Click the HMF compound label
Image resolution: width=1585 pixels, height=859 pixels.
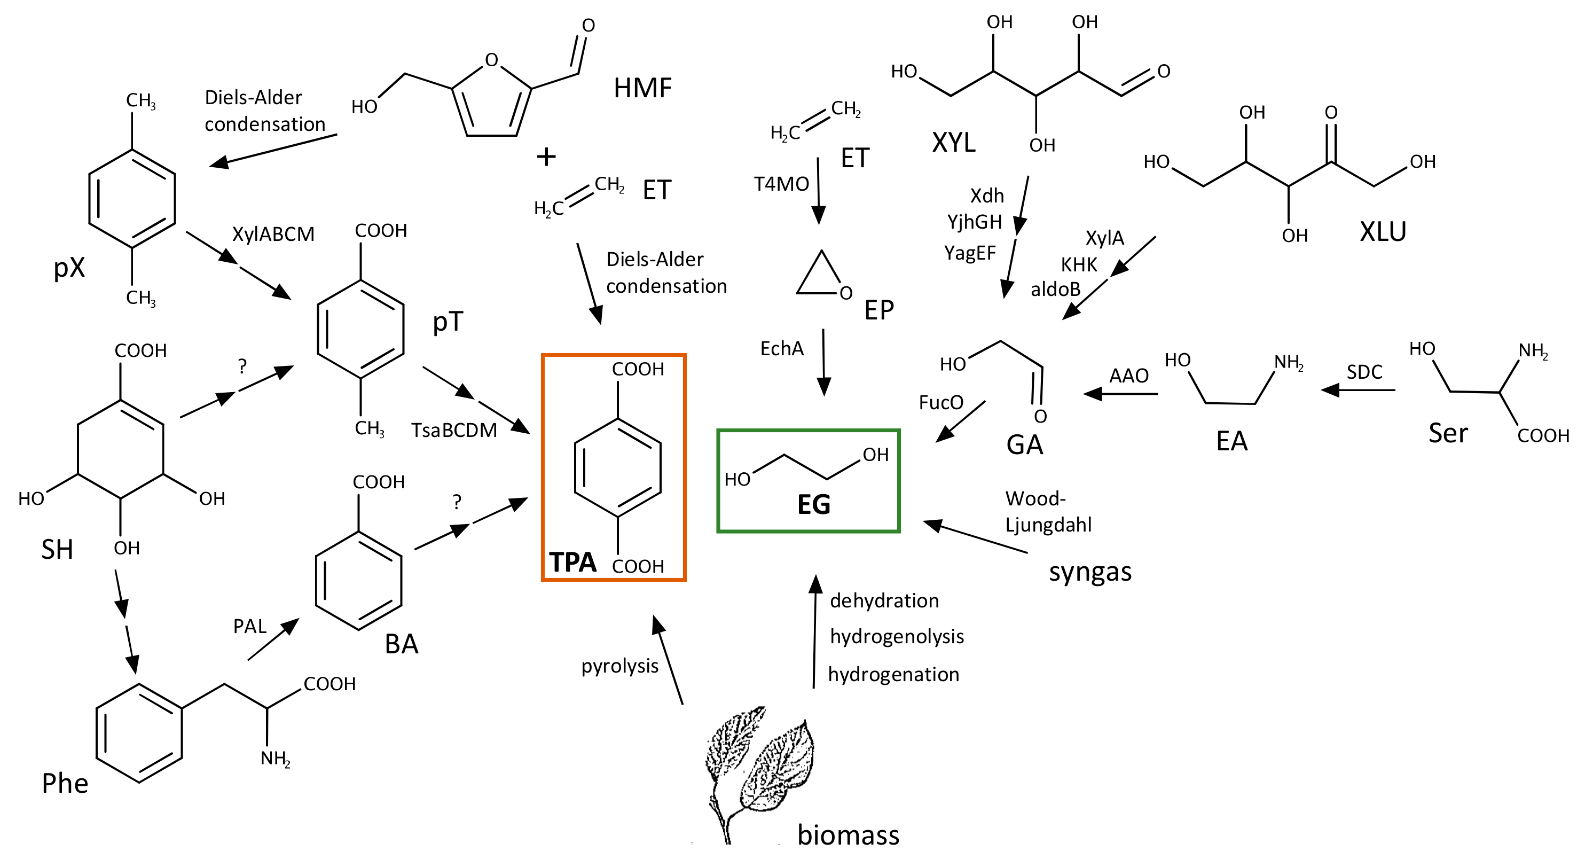coord(642,88)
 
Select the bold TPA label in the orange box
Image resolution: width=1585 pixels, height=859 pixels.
coord(572,562)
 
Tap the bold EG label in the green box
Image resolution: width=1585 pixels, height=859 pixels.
coord(813,505)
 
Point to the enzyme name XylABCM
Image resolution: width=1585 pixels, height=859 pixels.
coord(273,235)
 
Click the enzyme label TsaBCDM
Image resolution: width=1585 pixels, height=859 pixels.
coord(454,430)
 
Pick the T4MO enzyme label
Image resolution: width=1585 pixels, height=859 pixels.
coord(781,184)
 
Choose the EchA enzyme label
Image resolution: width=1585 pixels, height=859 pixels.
coord(781,349)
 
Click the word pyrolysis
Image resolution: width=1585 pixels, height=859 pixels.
coord(619,666)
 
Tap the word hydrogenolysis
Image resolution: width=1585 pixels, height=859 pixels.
coord(897,636)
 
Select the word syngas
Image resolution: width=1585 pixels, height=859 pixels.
coord(1089,572)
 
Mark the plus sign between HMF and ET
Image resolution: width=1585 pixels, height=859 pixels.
coord(546,157)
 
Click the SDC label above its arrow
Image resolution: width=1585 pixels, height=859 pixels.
coord(1364,372)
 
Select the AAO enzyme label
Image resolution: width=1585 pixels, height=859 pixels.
coord(1128,376)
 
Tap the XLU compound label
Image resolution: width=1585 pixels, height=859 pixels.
coord(1383,232)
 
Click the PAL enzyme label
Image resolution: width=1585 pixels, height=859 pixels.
coord(249,627)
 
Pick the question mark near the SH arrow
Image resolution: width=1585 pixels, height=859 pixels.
coord(242,367)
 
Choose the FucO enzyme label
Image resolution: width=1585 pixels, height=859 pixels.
coord(940,402)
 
